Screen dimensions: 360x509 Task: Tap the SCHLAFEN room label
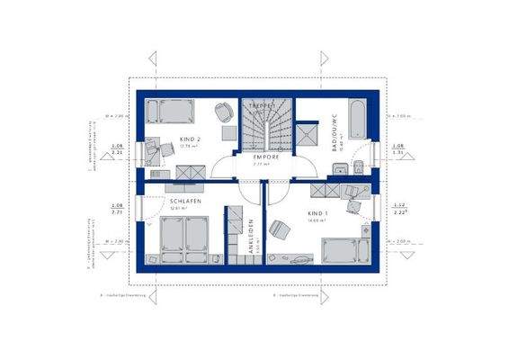click(183, 202)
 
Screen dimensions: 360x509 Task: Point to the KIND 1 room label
click(317, 214)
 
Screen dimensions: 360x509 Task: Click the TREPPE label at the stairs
click(261, 106)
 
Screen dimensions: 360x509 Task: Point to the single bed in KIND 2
click(172, 111)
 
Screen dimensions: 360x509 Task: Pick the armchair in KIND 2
click(221, 112)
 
